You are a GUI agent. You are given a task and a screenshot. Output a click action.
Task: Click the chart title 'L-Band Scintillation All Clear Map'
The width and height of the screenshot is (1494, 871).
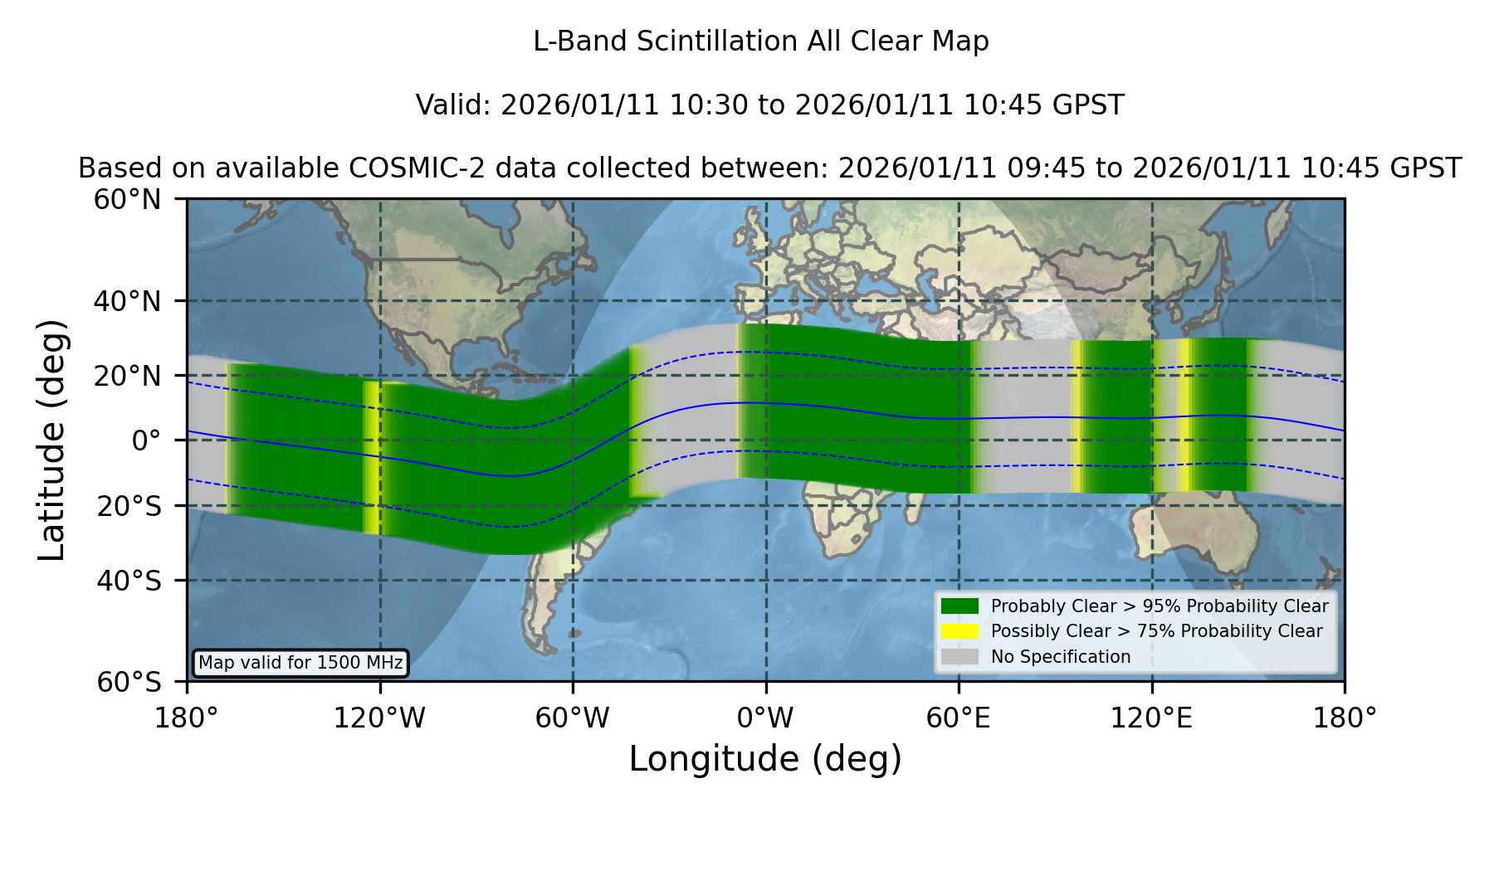point(760,41)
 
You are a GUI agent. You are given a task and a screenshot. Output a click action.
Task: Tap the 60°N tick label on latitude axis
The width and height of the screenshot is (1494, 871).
point(128,200)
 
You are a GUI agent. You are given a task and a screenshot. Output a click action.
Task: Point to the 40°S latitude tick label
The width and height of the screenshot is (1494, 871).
point(129,581)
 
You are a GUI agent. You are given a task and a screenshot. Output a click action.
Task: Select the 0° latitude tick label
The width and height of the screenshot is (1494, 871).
point(146,440)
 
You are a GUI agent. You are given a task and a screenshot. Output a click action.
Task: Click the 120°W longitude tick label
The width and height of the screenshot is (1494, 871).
point(379,718)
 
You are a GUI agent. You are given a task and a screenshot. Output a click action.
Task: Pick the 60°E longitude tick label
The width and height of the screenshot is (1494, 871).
point(959,718)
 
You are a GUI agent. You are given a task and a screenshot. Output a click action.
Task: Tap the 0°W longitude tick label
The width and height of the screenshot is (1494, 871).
point(765,718)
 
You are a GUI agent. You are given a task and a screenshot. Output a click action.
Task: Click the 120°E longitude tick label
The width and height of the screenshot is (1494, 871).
point(1151,718)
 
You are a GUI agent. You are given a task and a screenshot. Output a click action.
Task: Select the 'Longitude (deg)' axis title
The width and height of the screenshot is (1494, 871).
point(765,759)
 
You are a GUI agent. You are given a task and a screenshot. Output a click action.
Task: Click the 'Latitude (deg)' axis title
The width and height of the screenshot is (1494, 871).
point(51,440)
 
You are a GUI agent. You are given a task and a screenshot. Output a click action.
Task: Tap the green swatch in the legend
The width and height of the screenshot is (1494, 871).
point(959,606)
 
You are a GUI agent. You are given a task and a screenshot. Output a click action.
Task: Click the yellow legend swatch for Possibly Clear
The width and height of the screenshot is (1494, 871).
point(959,631)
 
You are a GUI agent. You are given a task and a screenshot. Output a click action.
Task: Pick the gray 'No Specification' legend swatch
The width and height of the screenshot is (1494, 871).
point(959,657)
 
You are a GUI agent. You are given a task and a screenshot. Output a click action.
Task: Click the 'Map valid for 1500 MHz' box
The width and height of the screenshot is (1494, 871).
point(300,663)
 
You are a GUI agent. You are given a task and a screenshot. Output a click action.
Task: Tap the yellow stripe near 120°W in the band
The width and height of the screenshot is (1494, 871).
point(373,457)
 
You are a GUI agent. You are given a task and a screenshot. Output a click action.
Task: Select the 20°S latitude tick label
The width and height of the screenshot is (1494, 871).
point(129,506)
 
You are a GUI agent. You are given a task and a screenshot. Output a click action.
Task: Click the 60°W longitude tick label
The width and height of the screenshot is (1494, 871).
point(573,718)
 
